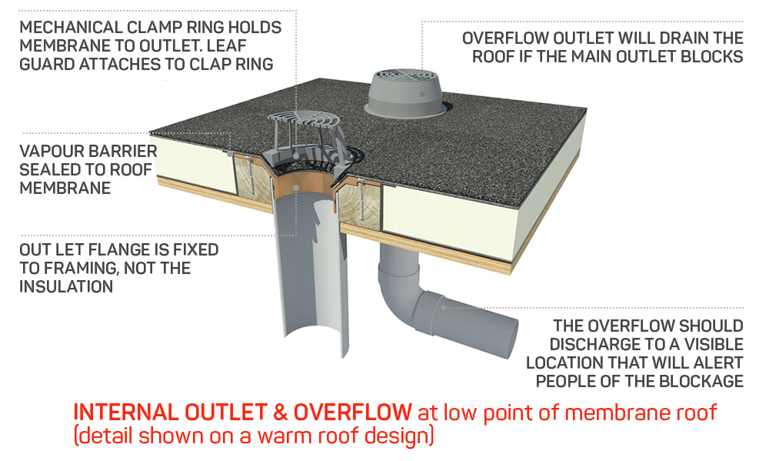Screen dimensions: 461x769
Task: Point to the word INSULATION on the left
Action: point(68,286)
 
